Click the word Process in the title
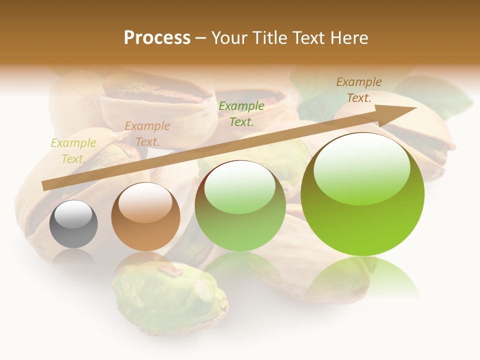pyautogui.click(x=157, y=37)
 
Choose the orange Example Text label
pyautogui.click(x=147, y=134)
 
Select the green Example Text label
pyautogui.click(x=241, y=113)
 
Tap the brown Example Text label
pyautogui.click(x=359, y=90)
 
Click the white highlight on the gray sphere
pyautogui.click(x=73, y=215)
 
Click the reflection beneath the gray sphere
pyautogui.click(x=73, y=256)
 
